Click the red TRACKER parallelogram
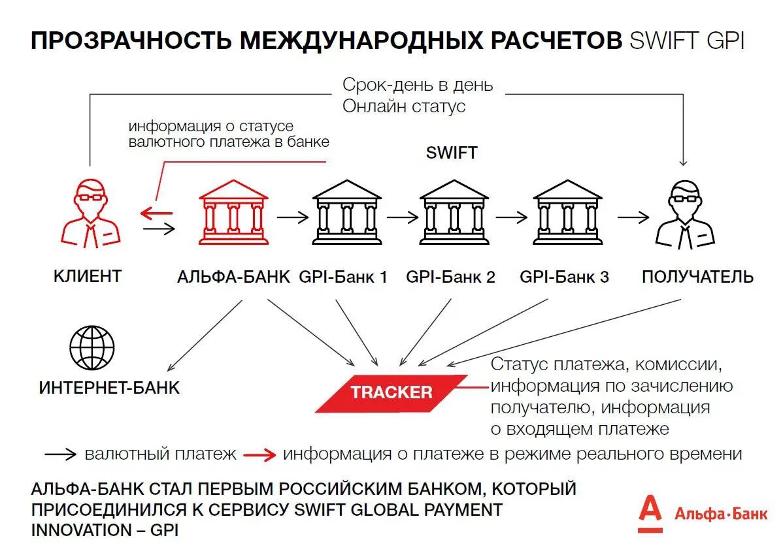point(392,392)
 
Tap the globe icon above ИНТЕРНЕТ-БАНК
point(92,347)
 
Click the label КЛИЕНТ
point(87,276)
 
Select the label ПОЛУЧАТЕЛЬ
point(697,277)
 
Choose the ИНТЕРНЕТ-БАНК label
point(109,388)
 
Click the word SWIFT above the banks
point(452,153)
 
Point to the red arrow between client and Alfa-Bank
point(158,213)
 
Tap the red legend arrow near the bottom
point(260,455)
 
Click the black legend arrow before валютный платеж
point(61,454)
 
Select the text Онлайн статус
point(404,106)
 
